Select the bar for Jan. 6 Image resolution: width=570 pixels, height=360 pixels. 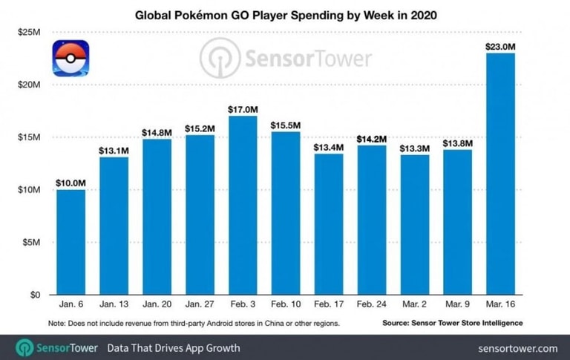[x=71, y=242]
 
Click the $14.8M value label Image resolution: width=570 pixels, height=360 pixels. [x=157, y=131]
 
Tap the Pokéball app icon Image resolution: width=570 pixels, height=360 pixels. [x=71, y=59]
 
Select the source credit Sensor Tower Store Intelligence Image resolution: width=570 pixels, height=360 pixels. [x=453, y=323]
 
